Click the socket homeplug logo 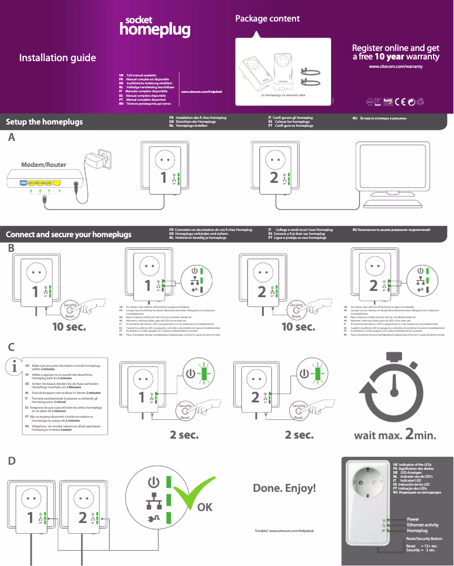point(154,26)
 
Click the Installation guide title point(57,58)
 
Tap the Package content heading point(267,19)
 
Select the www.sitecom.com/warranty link point(396,67)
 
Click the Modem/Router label point(44,165)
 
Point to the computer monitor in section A point(396,170)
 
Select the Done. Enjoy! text point(284,488)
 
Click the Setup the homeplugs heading point(44,122)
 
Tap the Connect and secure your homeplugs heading point(68,234)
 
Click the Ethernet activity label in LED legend point(422,525)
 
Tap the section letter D point(11,461)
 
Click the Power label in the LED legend point(413,519)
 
